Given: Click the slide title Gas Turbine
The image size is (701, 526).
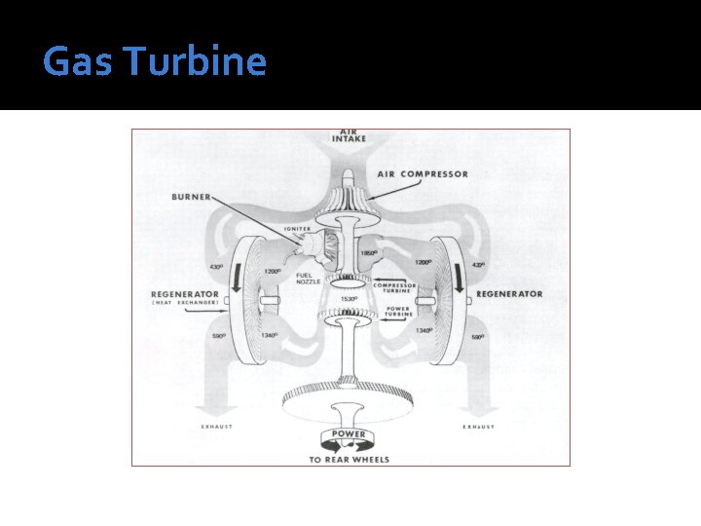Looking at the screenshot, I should pos(154,62).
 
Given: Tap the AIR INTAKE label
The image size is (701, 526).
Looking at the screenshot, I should pos(350,136).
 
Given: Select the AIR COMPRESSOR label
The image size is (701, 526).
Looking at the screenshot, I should pos(423,174).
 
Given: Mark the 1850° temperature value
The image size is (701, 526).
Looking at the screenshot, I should pos(368,253).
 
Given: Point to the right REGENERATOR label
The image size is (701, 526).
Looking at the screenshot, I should pos(509,293).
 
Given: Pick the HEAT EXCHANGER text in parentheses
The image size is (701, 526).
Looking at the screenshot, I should pos(187,304).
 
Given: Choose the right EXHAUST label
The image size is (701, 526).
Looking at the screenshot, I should pos(477,427).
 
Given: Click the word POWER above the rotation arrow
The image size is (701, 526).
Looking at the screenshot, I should pos(349,433).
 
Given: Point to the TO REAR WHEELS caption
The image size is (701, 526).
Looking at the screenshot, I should pos(350,459).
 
